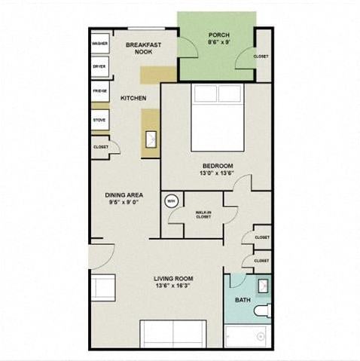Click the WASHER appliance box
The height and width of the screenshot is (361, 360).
click(x=99, y=44)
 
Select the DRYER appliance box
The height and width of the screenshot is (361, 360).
click(x=99, y=67)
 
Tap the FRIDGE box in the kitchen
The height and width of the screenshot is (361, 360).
click(x=99, y=91)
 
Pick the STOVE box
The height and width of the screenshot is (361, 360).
click(x=99, y=120)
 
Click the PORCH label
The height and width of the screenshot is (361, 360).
click(x=218, y=35)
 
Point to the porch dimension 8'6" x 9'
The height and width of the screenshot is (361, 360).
click(x=218, y=43)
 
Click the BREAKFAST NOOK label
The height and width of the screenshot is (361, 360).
click(x=140, y=47)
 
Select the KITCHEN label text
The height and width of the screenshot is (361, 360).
click(x=133, y=98)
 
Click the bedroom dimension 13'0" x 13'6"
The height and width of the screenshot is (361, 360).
click(x=217, y=173)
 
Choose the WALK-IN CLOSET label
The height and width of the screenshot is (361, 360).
click(x=203, y=215)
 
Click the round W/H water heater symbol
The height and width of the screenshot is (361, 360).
click(x=171, y=201)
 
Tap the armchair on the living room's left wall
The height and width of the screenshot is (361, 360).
click(x=102, y=289)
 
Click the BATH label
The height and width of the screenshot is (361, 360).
click(x=243, y=300)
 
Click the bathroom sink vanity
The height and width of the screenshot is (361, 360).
click(x=263, y=286)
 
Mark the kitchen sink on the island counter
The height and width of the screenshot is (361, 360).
click(x=151, y=139)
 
